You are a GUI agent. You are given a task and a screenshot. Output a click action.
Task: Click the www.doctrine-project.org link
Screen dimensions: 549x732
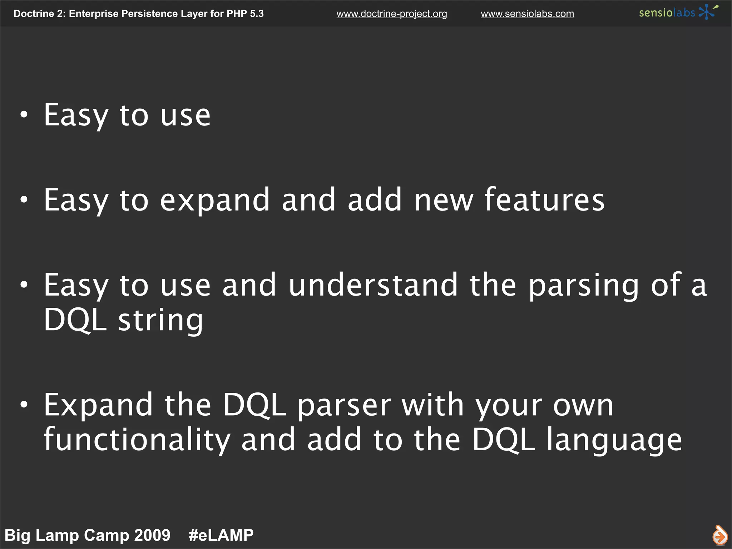pyautogui.click(x=391, y=14)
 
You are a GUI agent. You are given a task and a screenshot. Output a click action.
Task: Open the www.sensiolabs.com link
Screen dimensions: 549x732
pyautogui.click(x=527, y=14)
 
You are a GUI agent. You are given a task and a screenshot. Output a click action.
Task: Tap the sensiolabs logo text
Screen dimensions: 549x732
pyautogui.click(x=667, y=13)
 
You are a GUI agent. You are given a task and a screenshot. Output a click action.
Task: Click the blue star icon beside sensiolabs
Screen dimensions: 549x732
pyautogui.click(x=707, y=12)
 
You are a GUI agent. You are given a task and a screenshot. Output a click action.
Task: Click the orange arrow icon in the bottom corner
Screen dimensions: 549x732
pyautogui.click(x=719, y=535)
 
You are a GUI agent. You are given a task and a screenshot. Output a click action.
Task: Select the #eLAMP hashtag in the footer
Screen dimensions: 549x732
pyautogui.click(x=221, y=535)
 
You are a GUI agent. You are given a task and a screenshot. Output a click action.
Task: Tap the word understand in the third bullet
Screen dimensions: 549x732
pyautogui.click(x=373, y=285)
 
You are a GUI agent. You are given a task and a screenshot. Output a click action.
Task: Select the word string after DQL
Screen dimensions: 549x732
pyautogui.click(x=160, y=320)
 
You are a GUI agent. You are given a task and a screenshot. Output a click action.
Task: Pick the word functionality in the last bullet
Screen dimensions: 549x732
pyautogui.click(x=137, y=440)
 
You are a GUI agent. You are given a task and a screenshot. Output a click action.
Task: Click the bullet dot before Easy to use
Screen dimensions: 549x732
pyautogui.click(x=24, y=115)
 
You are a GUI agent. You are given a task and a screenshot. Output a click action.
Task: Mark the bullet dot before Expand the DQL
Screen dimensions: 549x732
pyautogui.click(x=24, y=404)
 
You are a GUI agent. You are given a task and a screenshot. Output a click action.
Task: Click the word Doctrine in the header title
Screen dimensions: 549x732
pyautogui.click(x=34, y=14)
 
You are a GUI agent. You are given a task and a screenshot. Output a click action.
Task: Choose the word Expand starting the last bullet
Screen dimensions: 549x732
pyautogui.click(x=98, y=406)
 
